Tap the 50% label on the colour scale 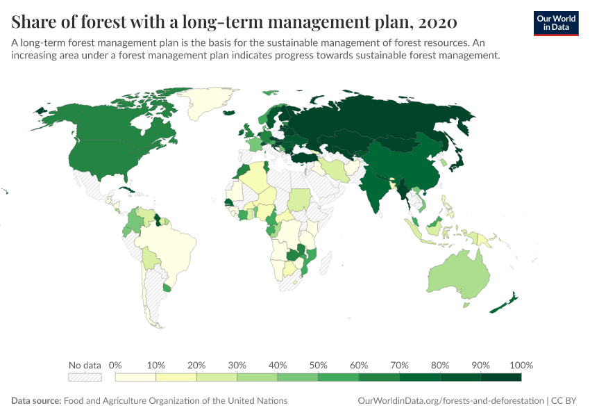318,365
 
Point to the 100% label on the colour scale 521,365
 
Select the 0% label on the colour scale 116,365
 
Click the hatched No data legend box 85,377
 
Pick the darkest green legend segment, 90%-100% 500,377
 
